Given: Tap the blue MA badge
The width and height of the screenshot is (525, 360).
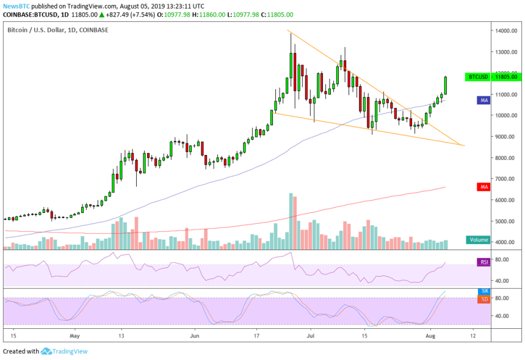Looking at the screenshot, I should pyautogui.click(x=484, y=99).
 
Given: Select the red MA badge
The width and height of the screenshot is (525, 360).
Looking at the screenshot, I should pyautogui.click(x=484, y=187).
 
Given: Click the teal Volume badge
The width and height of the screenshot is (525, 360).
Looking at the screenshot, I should pyautogui.click(x=479, y=240).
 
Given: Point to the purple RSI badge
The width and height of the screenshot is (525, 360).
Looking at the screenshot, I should pyautogui.click(x=484, y=262).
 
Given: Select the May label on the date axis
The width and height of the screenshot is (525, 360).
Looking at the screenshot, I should pyautogui.click(x=75, y=336).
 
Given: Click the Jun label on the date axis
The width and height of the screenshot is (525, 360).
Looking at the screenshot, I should pyautogui.click(x=194, y=336).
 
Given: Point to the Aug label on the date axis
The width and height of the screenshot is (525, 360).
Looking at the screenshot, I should pyautogui.click(x=430, y=336).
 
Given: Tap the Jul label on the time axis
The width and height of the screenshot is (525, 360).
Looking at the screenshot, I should pyautogui.click(x=311, y=336).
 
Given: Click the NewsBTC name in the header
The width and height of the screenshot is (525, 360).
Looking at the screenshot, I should pyautogui.click(x=15, y=5).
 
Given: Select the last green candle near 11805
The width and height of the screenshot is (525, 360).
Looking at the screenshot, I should pyautogui.click(x=446, y=85).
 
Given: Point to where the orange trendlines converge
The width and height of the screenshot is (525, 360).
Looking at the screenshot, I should pyautogui.click(x=464, y=145).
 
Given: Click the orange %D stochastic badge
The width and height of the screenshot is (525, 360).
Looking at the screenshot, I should pyautogui.click(x=484, y=299).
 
